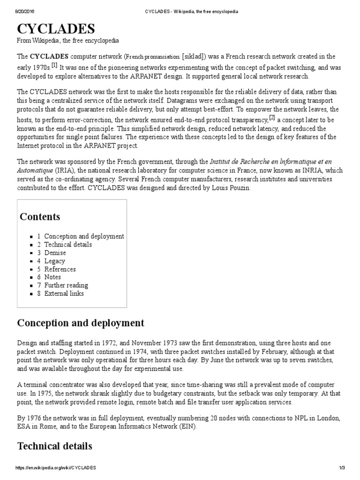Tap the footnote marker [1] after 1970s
(x=54, y=64)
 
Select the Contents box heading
(x=40, y=217)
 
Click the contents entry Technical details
(x=68, y=245)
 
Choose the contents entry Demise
(x=55, y=253)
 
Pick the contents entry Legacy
(x=54, y=261)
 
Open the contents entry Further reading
(x=66, y=285)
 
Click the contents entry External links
(x=64, y=293)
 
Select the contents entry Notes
(x=52, y=277)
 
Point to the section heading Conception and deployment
(x=81, y=323)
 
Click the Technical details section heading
(x=54, y=446)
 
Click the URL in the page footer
(x=56, y=468)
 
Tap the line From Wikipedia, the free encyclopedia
(x=68, y=41)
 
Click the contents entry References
(x=60, y=269)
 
